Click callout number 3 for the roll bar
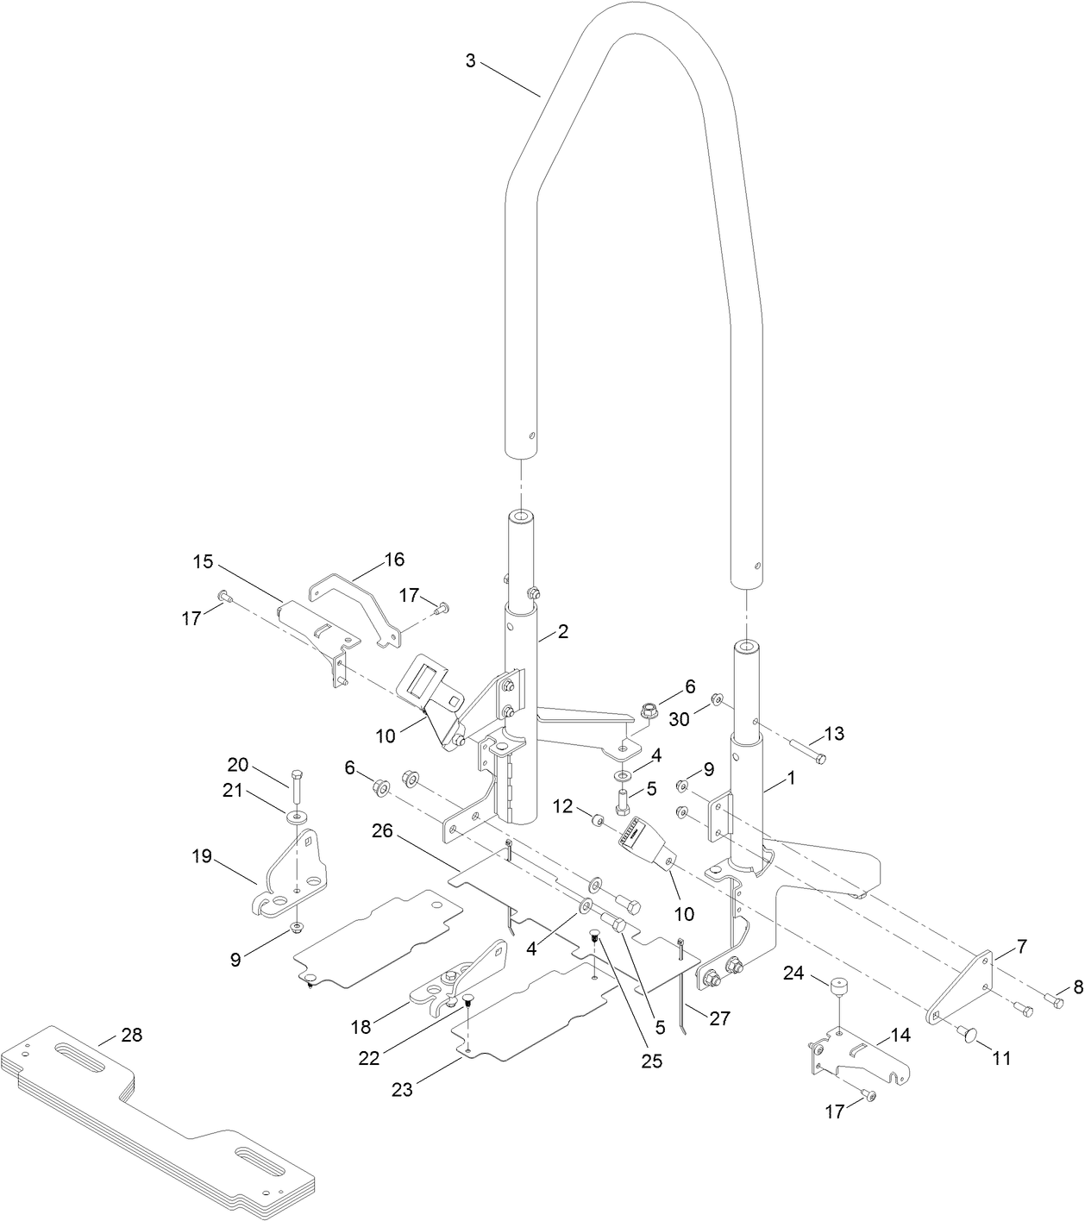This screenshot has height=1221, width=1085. coord(470,61)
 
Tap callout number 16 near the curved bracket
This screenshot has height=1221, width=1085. coord(393,560)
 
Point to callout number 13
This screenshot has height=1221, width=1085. coord(834,734)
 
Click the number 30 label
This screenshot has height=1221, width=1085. coord(680,718)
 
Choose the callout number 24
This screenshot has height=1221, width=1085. coord(793,974)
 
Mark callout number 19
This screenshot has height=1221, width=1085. coord(203,856)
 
